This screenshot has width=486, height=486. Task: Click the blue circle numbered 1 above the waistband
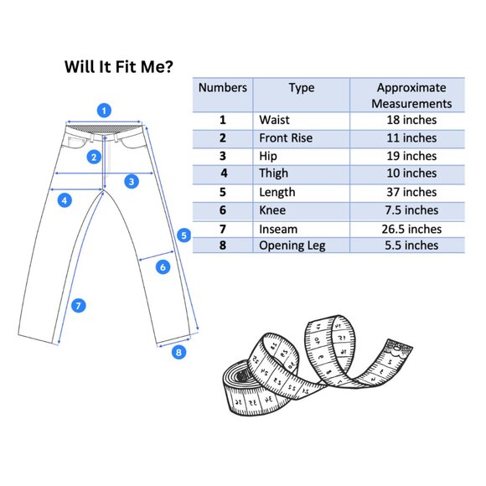(x=104, y=111)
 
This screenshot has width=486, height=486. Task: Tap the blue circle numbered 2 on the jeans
(x=94, y=158)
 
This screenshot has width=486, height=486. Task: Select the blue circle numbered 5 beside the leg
(x=184, y=235)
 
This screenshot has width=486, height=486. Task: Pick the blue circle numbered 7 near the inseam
(x=79, y=306)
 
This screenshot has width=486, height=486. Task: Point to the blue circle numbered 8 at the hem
(x=178, y=352)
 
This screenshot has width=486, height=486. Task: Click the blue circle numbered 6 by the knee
(x=163, y=266)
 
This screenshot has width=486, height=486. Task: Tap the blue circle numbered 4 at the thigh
(x=65, y=200)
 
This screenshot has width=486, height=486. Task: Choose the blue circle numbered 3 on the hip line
(x=132, y=181)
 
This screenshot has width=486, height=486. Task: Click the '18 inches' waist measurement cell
(x=411, y=120)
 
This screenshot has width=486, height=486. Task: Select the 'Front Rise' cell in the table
(x=286, y=138)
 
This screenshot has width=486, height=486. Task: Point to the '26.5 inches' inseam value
(x=411, y=229)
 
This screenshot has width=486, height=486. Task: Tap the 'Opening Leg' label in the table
(x=292, y=246)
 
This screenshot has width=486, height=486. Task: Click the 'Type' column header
(x=302, y=88)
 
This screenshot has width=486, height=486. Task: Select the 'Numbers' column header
(x=223, y=87)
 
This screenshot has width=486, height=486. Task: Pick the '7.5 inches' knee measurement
(x=411, y=210)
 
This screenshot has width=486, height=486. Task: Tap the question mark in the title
(x=168, y=66)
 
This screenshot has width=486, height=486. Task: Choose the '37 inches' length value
(x=411, y=192)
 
